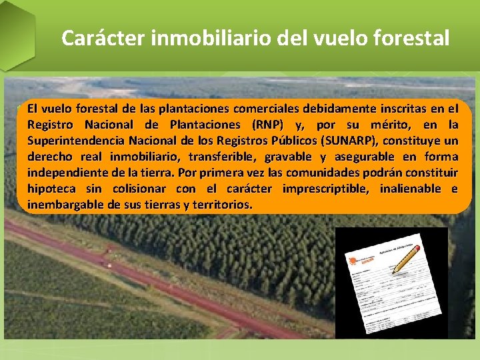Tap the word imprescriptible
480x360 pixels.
(325, 189)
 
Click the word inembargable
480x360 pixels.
(65, 205)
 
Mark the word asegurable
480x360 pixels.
(359, 157)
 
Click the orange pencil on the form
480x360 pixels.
(406, 259)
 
